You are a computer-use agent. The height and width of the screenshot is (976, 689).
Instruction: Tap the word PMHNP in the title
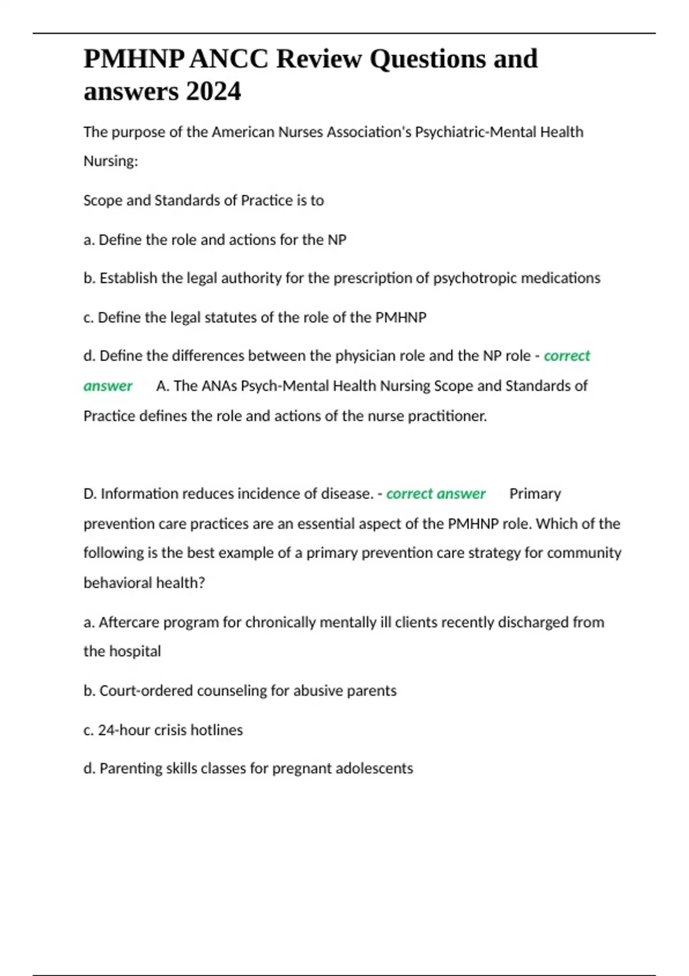point(134,59)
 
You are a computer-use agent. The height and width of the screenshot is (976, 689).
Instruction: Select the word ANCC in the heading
point(229,59)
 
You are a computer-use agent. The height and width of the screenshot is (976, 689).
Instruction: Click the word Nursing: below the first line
point(111,161)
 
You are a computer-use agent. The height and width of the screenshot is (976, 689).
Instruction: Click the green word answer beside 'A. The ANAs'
point(108,386)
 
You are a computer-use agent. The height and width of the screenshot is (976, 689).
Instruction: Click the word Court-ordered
point(146,691)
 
